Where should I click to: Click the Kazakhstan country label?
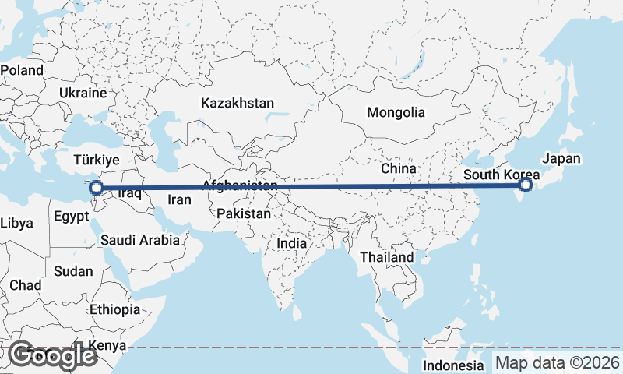[238, 103]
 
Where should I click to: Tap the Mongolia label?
[396, 112]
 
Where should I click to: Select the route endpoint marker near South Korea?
[526, 185]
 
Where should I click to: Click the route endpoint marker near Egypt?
[96, 188]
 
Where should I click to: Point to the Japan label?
[561, 158]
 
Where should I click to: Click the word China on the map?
[399, 168]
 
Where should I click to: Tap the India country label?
[292, 243]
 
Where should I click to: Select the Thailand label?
[387, 257]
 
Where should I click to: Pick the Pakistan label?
[244, 213]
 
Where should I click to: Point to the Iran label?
[180, 199]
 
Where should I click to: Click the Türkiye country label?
[96, 160]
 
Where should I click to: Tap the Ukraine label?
[82, 93]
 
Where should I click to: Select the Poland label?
[22, 69]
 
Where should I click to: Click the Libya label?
[16, 224]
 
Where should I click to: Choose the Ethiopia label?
[114, 309]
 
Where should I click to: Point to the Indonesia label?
[453, 365]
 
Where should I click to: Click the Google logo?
[51, 355]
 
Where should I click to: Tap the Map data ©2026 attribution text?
[558, 363]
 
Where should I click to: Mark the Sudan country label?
[73, 272]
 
